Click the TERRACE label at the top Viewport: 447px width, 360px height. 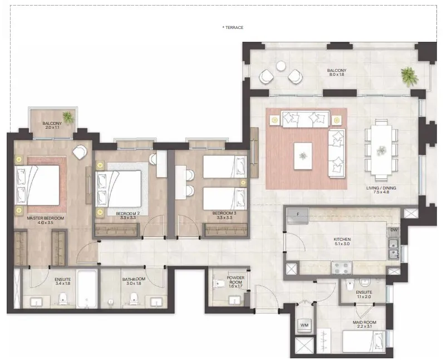(233, 28)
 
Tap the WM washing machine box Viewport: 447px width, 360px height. (304, 325)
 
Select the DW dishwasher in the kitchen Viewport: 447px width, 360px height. (394, 230)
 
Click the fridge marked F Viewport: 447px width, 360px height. (298, 216)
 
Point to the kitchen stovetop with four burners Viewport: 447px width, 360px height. (342, 268)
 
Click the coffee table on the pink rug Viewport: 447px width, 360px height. (303, 156)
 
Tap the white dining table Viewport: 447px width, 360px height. (381, 150)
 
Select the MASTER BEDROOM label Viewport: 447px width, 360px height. (45, 218)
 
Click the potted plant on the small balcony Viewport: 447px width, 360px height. (68, 117)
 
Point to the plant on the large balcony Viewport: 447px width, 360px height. (409, 76)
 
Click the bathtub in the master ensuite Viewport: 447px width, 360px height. (87, 289)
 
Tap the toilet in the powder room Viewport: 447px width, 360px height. (219, 284)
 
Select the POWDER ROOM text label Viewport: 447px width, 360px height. (235, 280)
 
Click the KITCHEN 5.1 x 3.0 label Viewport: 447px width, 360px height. (342, 241)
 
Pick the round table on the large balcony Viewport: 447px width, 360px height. (281, 66)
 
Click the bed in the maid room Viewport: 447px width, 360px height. (364, 342)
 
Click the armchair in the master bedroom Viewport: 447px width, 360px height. (80, 152)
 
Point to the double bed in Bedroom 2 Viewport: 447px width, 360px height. (119, 189)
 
